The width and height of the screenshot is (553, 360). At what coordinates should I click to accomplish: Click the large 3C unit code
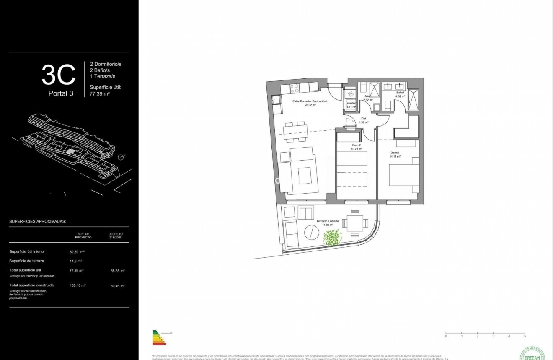coord(59,74)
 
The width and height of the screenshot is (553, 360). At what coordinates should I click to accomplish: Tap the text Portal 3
coord(61,93)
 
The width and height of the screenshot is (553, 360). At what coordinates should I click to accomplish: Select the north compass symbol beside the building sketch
coord(121,157)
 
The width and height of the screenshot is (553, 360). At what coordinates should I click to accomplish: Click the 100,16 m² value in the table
coord(78,285)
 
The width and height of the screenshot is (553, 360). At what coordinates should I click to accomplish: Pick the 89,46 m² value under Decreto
coord(116,285)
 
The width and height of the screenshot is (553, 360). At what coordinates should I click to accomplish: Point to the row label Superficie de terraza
coord(27,261)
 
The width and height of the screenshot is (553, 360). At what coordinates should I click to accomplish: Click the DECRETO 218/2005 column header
coord(116,236)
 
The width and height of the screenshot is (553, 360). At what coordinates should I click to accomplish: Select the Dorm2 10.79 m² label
coord(357,147)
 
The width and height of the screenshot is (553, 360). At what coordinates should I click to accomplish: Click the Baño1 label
coord(401,93)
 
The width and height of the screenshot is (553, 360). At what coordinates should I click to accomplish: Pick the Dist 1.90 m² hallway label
coord(364,120)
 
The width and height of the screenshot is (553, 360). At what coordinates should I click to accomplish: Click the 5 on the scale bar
coord(525,336)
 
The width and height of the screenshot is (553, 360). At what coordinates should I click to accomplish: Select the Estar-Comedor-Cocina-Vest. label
coord(310,103)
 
